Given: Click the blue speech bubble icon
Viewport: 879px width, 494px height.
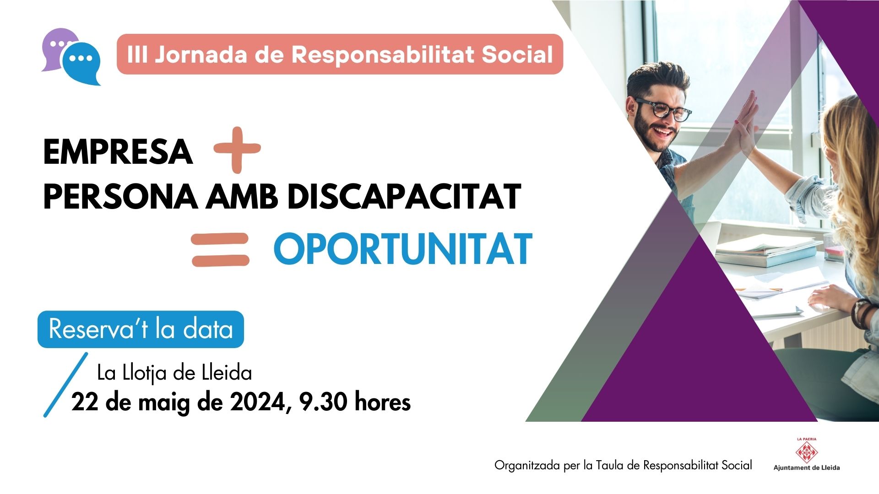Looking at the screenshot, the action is tap(81, 63).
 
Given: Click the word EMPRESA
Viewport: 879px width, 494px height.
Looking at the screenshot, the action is tap(118, 152).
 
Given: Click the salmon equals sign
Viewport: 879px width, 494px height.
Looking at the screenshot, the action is tap(220, 250).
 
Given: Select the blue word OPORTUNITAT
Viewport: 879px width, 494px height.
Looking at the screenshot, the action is tap(403, 249).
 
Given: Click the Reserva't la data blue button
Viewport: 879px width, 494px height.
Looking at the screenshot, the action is tap(141, 329).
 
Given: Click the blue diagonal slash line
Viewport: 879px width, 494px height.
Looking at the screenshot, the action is tap(65, 384).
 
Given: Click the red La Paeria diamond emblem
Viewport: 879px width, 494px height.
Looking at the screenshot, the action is tap(807, 452).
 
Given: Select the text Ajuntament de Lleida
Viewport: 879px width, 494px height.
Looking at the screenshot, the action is tap(807, 467).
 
